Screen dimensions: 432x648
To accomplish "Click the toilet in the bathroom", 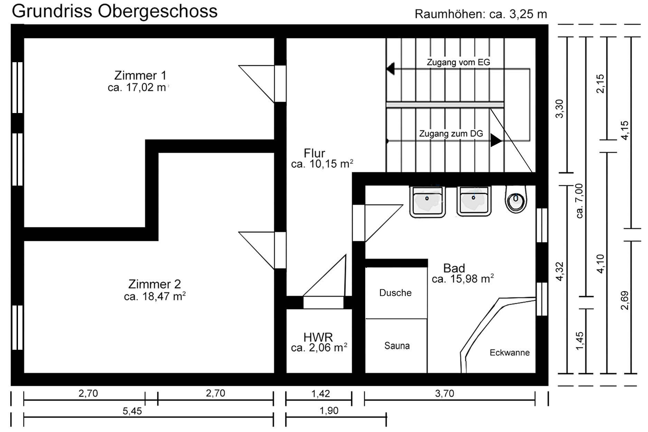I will point(516,199).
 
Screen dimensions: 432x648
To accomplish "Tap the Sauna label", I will point(397,346).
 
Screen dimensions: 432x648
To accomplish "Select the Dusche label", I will point(395,293).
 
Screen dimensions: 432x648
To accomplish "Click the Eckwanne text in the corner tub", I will point(509,353).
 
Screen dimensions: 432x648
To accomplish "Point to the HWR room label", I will point(318,337).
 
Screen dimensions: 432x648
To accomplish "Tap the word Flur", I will point(314,153).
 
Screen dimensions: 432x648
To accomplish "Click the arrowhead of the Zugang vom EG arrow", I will point(391,68).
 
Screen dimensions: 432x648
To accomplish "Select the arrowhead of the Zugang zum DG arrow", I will point(496,141).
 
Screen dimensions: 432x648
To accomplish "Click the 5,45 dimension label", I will point(132,411).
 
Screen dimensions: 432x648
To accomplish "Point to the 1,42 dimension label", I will point(320,393).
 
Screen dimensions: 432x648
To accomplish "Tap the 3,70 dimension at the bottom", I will point(444,393).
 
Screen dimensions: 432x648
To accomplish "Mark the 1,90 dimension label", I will point(329,411).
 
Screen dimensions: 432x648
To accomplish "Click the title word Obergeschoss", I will point(157,11).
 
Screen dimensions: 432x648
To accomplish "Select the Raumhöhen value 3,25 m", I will point(528,14).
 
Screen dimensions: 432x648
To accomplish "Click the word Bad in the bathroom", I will point(454,268).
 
